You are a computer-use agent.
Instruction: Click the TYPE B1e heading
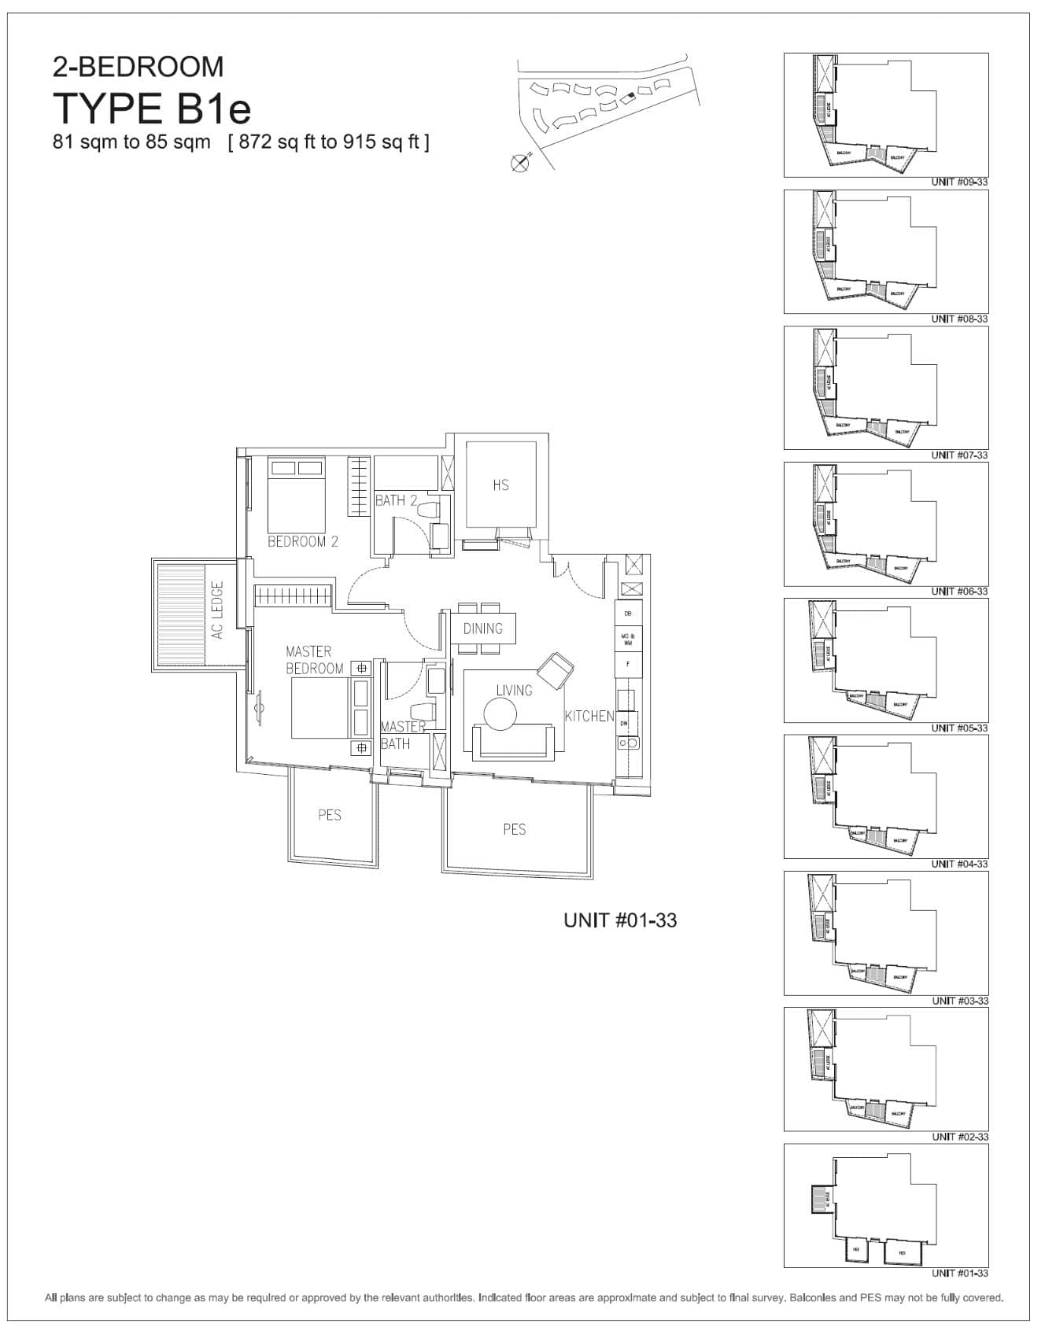(x=152, y=109)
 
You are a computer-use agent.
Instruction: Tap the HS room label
(x=500, y=485)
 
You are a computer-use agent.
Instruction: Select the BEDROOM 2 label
(x=302, y=541)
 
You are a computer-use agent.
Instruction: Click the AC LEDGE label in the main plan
(x=218, y=610)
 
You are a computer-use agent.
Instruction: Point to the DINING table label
(x=482, y=629)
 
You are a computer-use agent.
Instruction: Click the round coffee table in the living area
(x=500, y=715)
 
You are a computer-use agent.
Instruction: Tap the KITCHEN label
(x=589, y=716)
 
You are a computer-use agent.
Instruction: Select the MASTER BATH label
(x=402, y=736)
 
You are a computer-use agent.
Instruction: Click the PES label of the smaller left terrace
(x=330, y=815)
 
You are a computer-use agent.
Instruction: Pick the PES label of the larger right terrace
(x=514, y=829)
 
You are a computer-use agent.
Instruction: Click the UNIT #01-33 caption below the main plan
(x=620, y=920)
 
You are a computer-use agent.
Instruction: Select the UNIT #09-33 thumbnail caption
(x=959, y=182)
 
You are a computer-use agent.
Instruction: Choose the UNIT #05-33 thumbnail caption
(x=959, y=728)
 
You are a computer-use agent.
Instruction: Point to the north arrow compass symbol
(x=519, y=164)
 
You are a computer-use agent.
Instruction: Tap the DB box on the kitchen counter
(x=627, y=613)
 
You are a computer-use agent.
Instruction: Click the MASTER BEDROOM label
(x=314, y=660)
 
